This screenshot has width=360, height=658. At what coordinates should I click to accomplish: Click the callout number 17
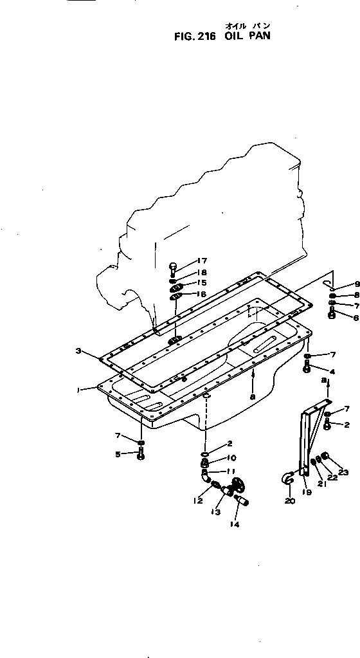coord(201,261)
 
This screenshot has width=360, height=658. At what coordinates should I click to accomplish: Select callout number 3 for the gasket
coord(78,351)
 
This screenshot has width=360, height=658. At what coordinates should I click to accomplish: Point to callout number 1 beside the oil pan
coord(78,390)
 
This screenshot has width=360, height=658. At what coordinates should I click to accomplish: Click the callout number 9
coord(357,284)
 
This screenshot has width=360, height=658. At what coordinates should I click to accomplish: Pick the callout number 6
coord(356,318)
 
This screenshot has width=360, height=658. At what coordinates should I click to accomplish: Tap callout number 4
coord(333,371)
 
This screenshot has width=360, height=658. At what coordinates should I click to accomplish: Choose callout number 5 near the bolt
coord(118,453)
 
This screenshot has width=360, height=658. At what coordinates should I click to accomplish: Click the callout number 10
coord(232,457)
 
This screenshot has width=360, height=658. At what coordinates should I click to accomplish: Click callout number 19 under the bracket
coord(307,492)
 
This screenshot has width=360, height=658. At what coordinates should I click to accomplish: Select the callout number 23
coord(344,473)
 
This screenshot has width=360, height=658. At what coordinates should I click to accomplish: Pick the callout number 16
coord(201,294)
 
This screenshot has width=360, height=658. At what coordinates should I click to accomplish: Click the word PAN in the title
coord(260,35)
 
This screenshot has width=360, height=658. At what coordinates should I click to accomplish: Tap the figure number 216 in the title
coord(206,37)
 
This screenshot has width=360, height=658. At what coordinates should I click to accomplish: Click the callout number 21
coord(321,482)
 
